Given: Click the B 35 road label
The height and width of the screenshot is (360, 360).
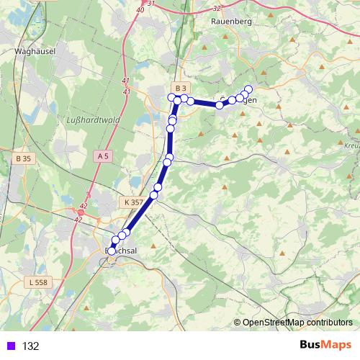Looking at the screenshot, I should coord(23,158).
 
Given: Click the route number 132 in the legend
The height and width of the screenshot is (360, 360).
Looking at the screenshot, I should coord(30,346).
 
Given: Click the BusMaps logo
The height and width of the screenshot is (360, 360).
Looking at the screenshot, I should coord(325,345).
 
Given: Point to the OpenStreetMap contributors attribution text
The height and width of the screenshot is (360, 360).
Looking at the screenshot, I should coord(297,323).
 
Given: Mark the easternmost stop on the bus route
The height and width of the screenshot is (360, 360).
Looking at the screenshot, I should coord(249,89).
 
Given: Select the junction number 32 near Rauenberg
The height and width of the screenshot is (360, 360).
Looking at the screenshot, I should coord(217,9).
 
